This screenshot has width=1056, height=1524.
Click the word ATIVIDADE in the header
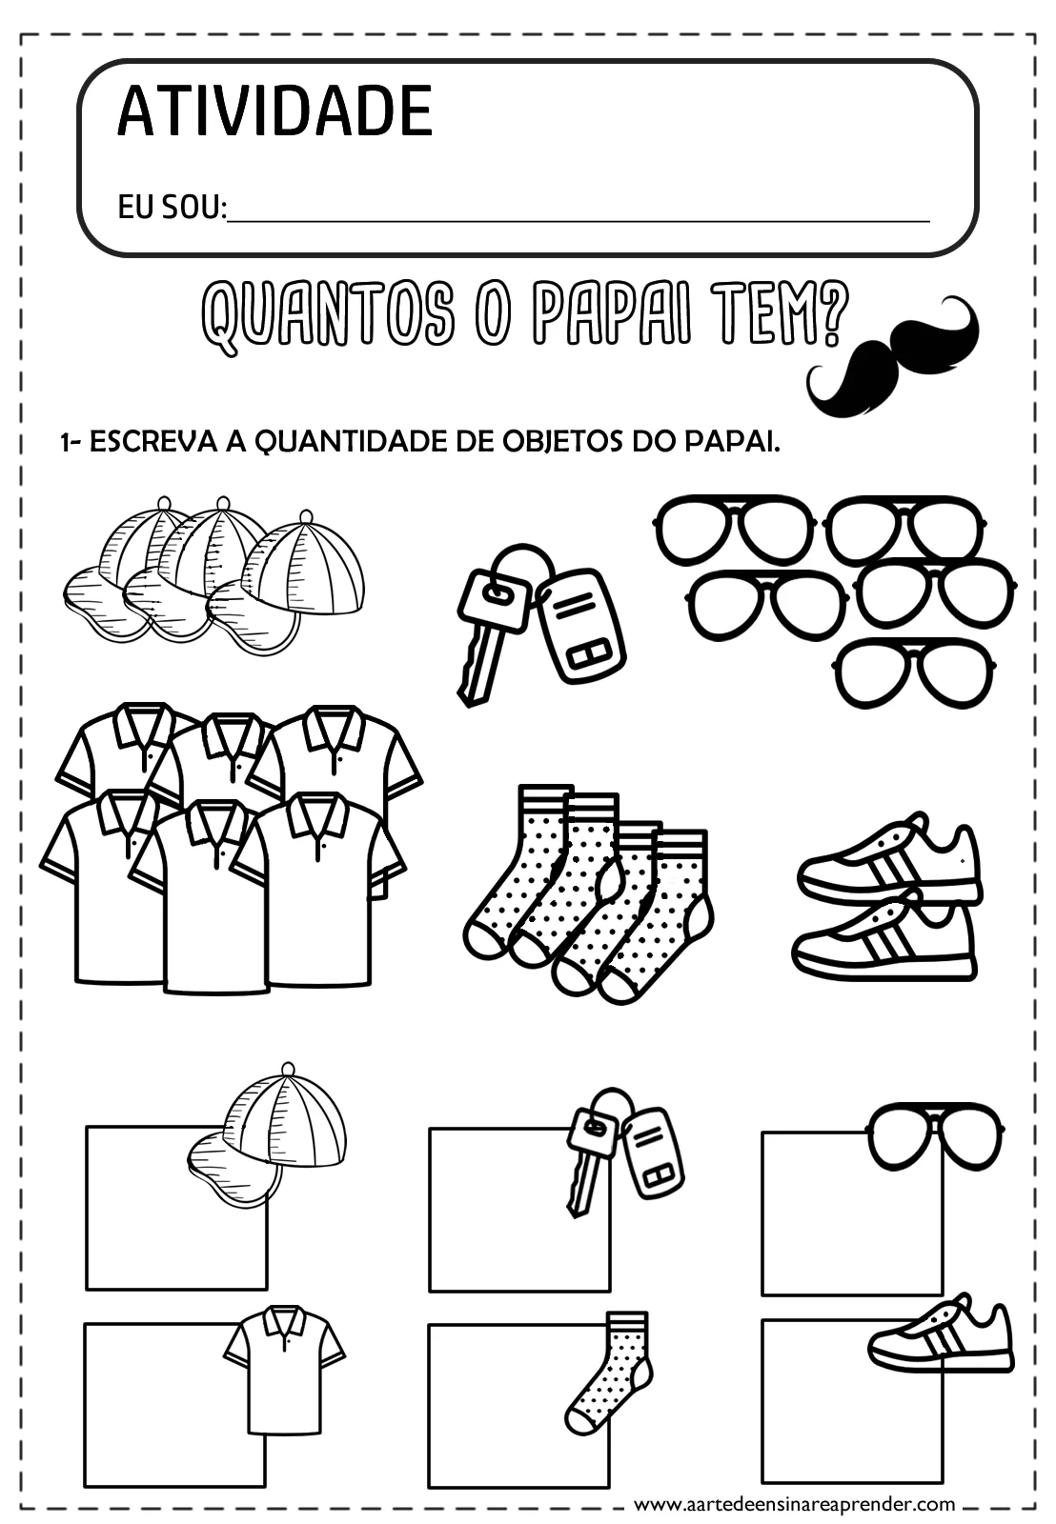(274, 111)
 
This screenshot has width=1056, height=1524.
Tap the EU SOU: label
(172, 207)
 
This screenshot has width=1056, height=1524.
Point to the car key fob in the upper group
(579, 625)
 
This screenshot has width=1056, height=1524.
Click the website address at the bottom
(794, 1504)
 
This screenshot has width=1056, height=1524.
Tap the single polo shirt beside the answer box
(284, 1367)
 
